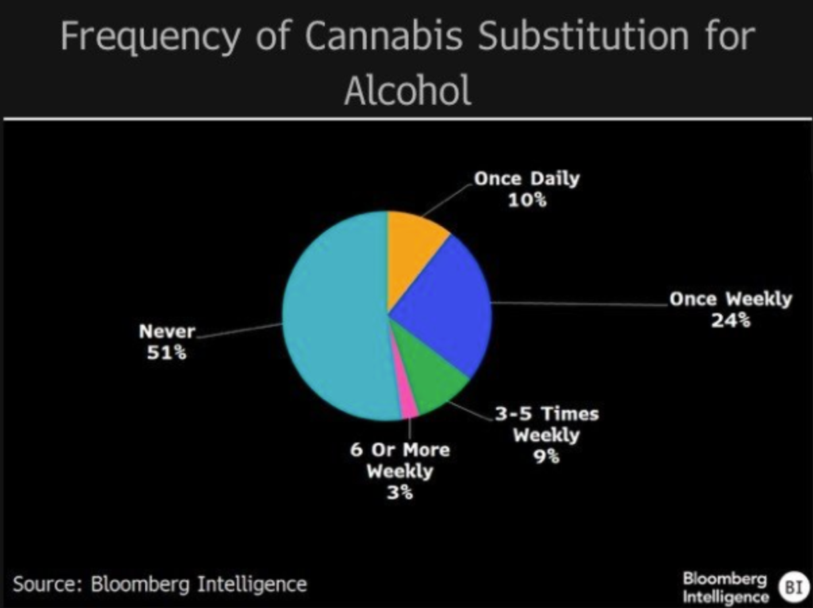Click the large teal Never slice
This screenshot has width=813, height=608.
pyautogui.click(x=331, y=318)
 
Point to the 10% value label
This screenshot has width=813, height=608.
pyautogui.click(x=527, y=200)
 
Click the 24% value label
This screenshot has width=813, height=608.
pyautogui.click(x=731, y=320)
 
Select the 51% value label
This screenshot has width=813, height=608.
pyautogui.click(x=167, y=352)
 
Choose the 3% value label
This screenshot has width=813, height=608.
pyautogui.click(x=400, y=492)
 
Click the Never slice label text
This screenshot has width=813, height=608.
pyautogui.click(x=167, y=331)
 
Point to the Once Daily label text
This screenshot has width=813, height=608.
pyautogui.click(x=527, y=178)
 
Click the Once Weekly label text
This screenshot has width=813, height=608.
pyautogui.click(x=731, y=299)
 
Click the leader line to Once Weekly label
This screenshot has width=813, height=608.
pyautogui.click(x=581, y=304)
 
